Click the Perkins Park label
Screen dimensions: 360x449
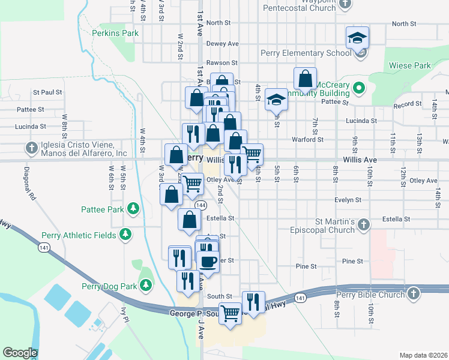[x=115, y=33]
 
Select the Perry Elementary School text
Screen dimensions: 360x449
[x=306, y=53]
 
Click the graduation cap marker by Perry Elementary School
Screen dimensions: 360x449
[x=357, y=38]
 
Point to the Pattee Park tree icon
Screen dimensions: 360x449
[x=133, y=209]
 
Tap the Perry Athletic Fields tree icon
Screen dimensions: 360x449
[x=125, y=235]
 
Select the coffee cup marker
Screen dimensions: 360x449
[x=208, y=262]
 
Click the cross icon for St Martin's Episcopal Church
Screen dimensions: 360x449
[x=363, y=225]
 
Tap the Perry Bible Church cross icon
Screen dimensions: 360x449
[x=412, y=294]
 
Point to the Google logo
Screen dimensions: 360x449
[x=20, y=352]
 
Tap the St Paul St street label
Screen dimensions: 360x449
[x=47, y=92]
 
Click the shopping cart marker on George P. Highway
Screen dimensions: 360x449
[x=231, y=313]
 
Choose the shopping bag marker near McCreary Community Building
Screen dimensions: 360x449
[x=306, y=78]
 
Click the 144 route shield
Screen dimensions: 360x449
[x=201, y=205]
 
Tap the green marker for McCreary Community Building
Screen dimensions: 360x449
[x=359, y=89]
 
